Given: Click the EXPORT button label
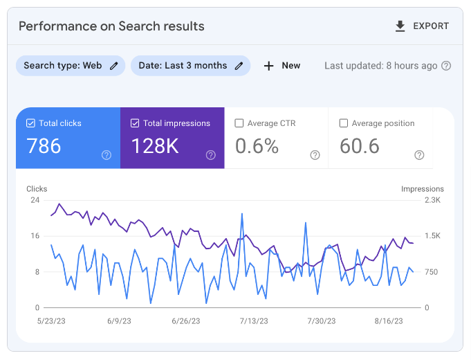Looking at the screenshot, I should (x=431, y=26).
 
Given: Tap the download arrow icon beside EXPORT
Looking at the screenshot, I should (x=400, y=26).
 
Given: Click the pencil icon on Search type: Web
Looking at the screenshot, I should (x=114, y=66).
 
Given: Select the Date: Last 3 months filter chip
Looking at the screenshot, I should (x=183, y=66).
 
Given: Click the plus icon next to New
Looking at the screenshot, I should (x=269, y=66).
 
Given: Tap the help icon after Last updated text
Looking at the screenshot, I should (x=446, y=66).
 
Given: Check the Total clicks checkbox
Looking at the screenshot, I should (x=30, y=123).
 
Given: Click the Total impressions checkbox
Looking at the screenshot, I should (x=135, y=123).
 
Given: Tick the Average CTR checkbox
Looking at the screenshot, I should (x=239, y=123).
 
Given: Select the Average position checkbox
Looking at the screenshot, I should (x=344, y=123).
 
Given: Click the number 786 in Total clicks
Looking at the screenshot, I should (x=44, y=146).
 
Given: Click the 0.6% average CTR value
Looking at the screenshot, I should (x=257, y=146).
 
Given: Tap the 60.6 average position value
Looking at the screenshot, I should (x=360, y=146).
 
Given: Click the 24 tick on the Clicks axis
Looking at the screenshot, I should (x=35, y=200).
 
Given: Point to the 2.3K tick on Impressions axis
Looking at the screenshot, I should (x=432, y=200).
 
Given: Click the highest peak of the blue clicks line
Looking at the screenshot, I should (x=242, y=214).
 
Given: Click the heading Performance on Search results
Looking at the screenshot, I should (x=111, y=26).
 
